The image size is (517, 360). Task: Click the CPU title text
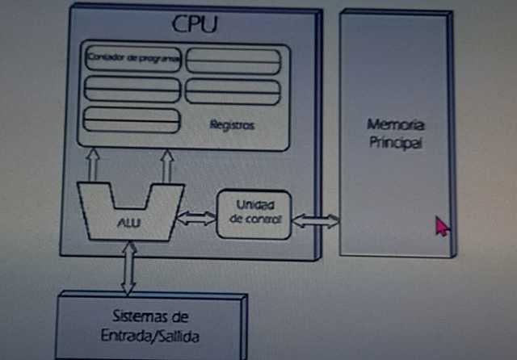point(195,23)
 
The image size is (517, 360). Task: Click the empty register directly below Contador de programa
point(132,90)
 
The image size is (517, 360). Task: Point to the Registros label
point(232,125)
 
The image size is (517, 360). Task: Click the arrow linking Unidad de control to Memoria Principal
point(316,219)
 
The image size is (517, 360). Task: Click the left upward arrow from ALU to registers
point(92,165)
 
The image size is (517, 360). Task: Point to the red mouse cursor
point(441,225)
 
